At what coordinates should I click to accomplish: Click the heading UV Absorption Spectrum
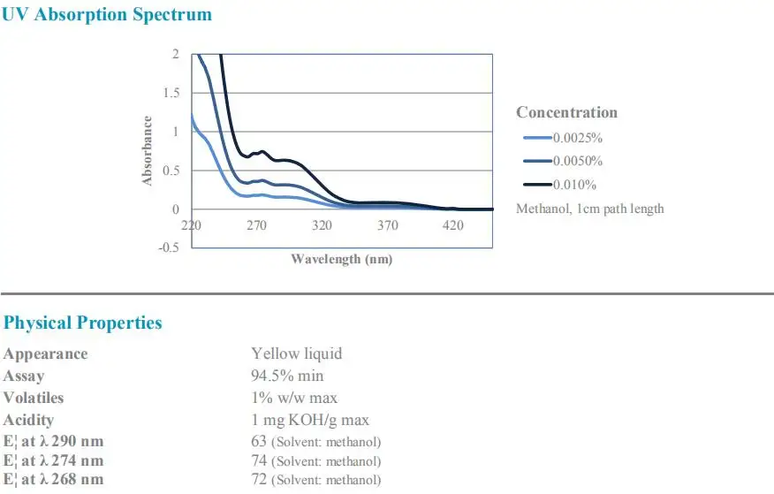pos(107,15)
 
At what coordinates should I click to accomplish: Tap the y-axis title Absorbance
pos(148,151)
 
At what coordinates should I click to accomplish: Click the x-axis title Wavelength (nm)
pos(341,259)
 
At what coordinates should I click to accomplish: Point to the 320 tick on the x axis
pos(322,225)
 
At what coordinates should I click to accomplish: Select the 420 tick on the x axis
pos(452,225)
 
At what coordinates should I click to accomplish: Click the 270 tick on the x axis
pos(256,225)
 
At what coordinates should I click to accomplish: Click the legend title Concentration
pos(566,112)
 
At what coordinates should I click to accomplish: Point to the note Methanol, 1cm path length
pos(589,209)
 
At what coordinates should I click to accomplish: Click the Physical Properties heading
pos(83,323)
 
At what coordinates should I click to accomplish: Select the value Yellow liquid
pos(296,353)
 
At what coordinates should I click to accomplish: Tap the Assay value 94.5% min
pos(287,376)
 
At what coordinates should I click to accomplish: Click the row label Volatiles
pos(34,398)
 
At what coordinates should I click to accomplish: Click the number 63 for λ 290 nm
pos(259,440)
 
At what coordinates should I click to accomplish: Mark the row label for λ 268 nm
pos(53,480)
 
